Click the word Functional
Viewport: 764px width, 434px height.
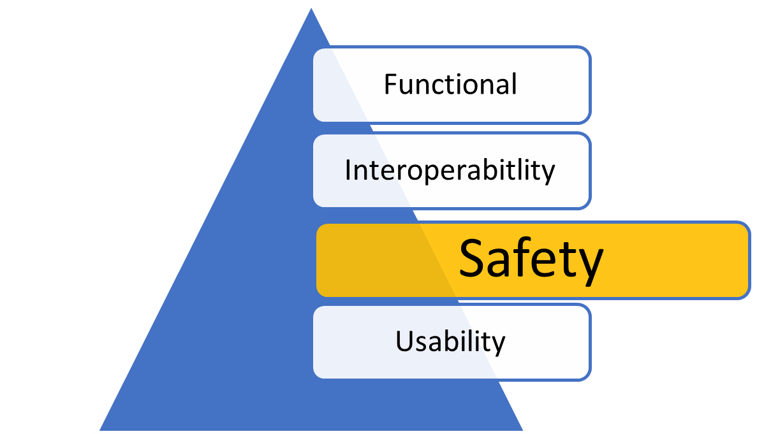click(x=450, y=84)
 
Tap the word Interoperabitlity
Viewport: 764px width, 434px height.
click(x=450, y=170)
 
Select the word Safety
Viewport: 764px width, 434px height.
click(x=531, y=259)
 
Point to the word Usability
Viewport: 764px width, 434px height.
click(x=450, y=341)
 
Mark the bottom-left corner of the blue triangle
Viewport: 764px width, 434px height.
click(x=97, y=431)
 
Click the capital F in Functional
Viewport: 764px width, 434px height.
click(x=390, y=84)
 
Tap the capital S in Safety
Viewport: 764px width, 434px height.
click(x=474, y=258)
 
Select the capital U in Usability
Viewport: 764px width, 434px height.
click(x=404, y=341)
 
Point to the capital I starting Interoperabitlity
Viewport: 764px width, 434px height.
click(x=348, y=170)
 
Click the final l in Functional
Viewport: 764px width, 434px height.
click(x=513, y=83)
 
